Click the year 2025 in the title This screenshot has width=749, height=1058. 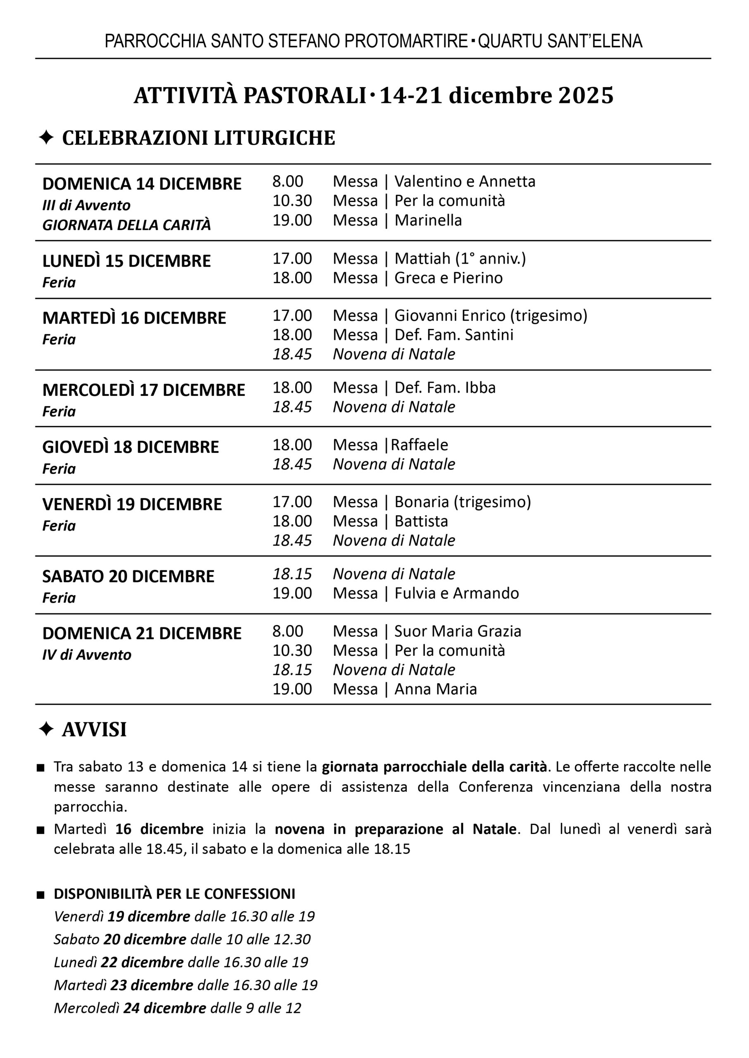[586, 95]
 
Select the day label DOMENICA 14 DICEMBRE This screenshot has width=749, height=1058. [142, 184]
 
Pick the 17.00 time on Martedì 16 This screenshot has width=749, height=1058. [292, 316]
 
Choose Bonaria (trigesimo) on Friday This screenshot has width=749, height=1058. [463, 502]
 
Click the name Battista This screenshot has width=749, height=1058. [421, 522]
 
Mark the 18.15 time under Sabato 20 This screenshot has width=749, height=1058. [292, 574]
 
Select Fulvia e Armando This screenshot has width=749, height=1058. [457, 593]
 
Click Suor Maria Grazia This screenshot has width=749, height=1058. [458, 631]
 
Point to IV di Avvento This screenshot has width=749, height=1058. [87, 655]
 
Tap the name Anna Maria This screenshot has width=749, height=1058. [435, 689]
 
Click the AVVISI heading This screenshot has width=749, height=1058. [94, 730]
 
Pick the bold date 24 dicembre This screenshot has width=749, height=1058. [164, 1008]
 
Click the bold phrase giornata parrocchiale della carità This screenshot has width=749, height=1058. [434, 767]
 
